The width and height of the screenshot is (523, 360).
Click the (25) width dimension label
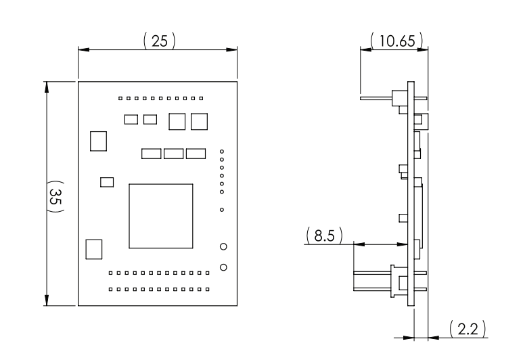point(159,41)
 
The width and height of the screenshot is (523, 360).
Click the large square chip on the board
point(160,215)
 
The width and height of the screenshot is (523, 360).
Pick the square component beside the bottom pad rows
point(93,249)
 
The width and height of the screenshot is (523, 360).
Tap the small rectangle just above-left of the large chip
point(106,181)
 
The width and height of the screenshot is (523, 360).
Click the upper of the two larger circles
point(223,247)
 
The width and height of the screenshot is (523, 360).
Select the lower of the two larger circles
point(223,267)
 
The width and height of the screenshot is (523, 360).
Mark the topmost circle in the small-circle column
point(223,152)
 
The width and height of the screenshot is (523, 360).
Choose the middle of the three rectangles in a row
point(174,154)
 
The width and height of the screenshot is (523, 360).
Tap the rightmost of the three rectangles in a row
point(196,154)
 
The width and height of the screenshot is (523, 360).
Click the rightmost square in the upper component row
point(199,121)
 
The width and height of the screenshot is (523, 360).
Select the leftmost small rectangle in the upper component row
point(132,120)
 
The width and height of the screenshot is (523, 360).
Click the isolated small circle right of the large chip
point(223,210)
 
